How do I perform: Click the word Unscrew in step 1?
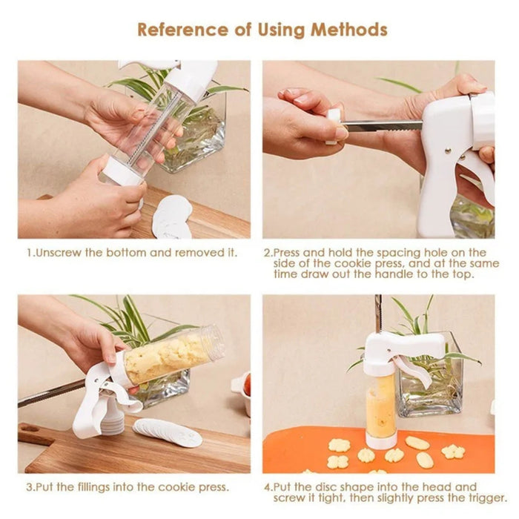tap(62, 252)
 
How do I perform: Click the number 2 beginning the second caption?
tap(267, 252)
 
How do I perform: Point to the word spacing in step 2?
tap(402, 252)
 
